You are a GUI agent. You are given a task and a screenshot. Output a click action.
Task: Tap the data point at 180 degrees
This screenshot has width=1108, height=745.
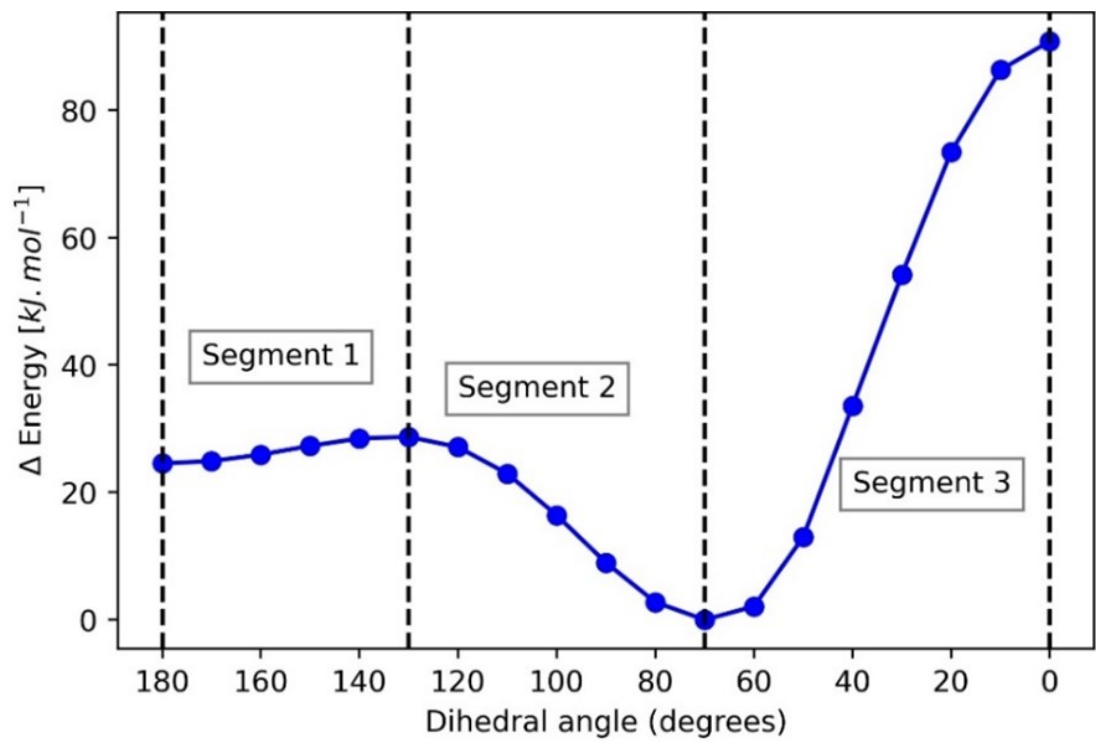(162, 463)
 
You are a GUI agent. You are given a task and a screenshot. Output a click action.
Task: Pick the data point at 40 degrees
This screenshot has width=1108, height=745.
(853, 406)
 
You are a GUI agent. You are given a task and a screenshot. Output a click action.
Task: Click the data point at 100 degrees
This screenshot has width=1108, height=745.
(557, 515)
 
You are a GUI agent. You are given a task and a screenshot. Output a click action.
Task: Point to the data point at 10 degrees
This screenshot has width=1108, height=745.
(1001, 70)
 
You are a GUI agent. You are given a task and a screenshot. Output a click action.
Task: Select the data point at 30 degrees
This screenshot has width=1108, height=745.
(902, 275)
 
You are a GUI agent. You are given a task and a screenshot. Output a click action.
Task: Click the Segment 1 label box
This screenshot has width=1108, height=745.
(280, 356)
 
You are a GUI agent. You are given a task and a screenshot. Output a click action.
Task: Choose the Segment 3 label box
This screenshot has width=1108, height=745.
(931, 483)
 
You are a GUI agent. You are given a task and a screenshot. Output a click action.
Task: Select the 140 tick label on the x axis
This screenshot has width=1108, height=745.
(359, 682)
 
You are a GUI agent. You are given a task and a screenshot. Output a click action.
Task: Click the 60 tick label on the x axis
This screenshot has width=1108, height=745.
(754, 682)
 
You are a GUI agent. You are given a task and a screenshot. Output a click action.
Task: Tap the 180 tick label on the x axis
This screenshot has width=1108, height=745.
(162, 682)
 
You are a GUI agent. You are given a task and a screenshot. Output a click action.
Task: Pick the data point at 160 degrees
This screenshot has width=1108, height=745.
(261, 455)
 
